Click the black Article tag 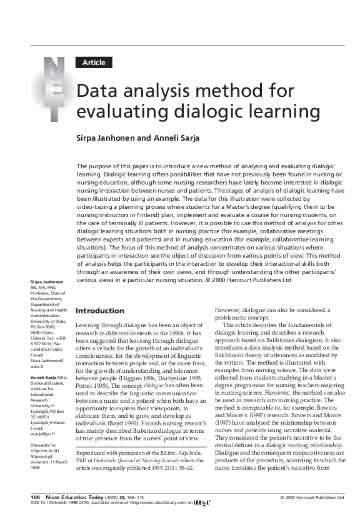click(94, 63)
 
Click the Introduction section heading click(99, 311)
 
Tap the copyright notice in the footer click(311, 498)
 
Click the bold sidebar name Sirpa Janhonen click(44, 283)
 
